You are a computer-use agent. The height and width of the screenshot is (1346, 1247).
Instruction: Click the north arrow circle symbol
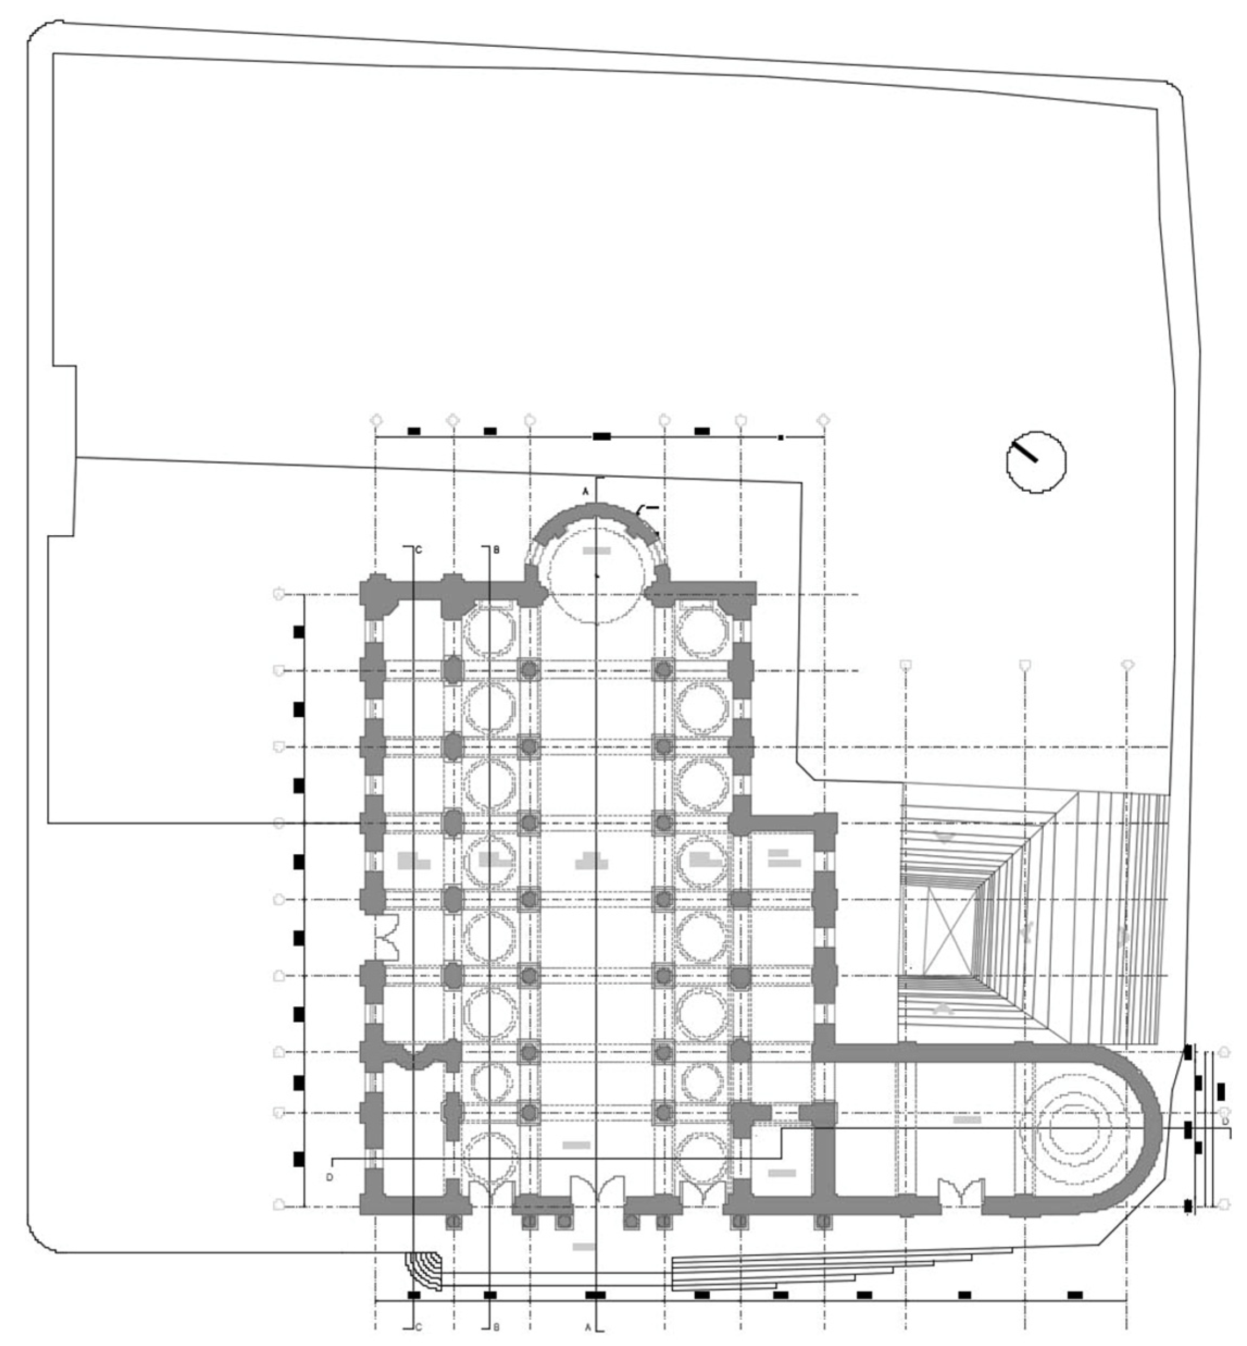click(x=1036, y=462)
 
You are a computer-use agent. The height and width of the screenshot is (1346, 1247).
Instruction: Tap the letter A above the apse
click(x=586, y=492)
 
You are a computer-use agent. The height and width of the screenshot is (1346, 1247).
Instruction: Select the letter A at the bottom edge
click(x=587, y=1327)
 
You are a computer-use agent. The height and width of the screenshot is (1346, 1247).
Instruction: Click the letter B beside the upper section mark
click(x=496, y=550)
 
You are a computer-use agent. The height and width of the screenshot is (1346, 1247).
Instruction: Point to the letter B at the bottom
click(x=496, y=1327)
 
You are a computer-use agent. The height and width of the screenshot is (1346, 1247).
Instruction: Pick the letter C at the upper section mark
click(x=418, y=550)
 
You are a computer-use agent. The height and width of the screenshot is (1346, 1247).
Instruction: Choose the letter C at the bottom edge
click(x=418, y=1327)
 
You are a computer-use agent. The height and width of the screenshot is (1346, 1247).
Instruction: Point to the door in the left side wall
click(x=388, y=937)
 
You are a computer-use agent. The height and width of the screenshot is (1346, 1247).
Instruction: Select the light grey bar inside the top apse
click(x=597, y=550)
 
